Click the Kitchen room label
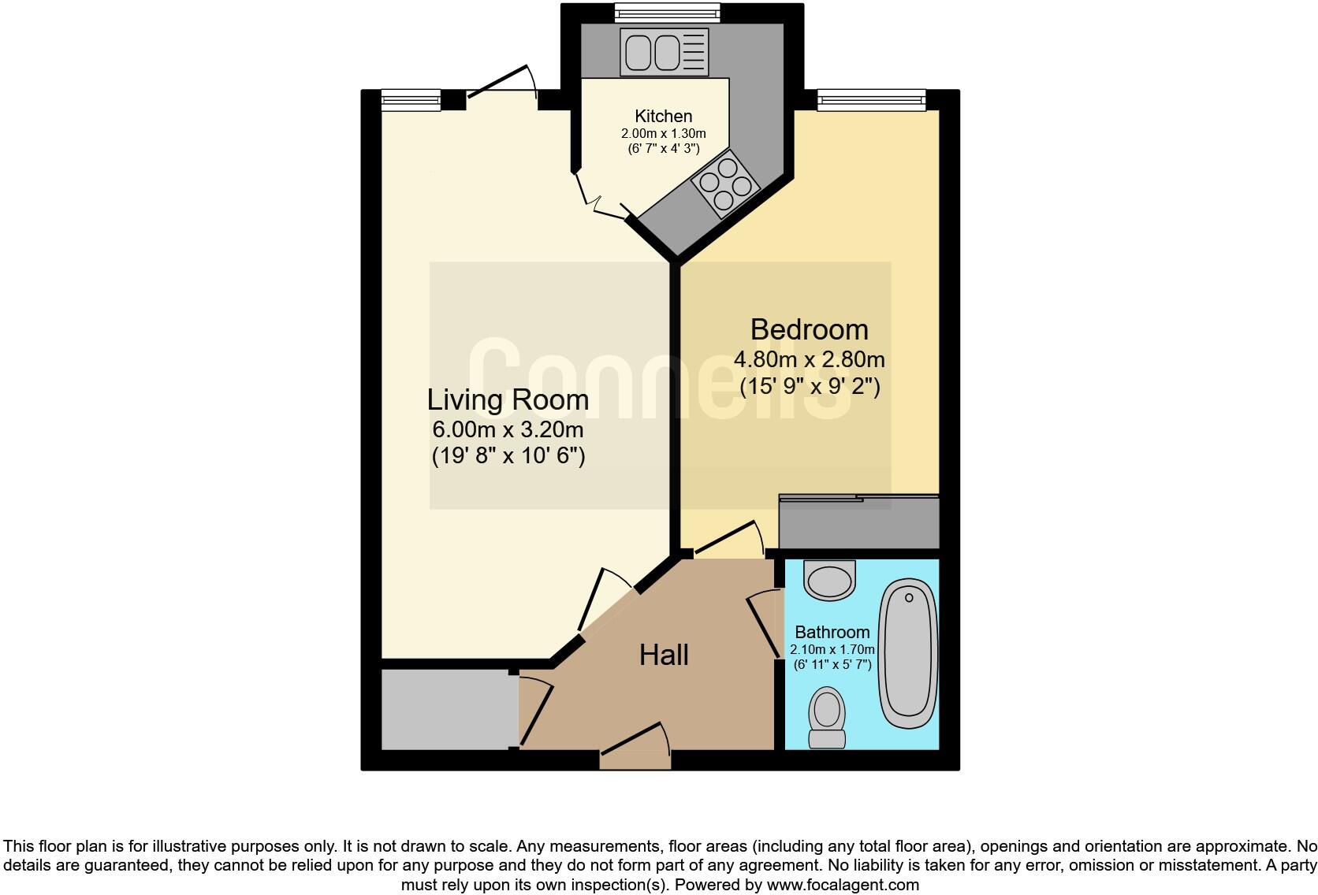click(663, 117)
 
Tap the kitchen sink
click(664, 52)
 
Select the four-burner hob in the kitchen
click(724, 184)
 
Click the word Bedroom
click(809, 329)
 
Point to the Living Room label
click(508, 399)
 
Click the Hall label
click(664, 655)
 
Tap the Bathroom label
click(832, 632)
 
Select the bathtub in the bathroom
click(908, 653)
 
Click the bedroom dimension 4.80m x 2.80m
click(809, 360)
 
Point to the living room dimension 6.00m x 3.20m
click(508, 430)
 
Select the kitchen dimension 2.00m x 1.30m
click(663, 134)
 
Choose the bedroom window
click(870, 99)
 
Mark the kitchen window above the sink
click(667, 12)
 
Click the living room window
click(411, 99)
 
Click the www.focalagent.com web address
click(843, 885)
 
